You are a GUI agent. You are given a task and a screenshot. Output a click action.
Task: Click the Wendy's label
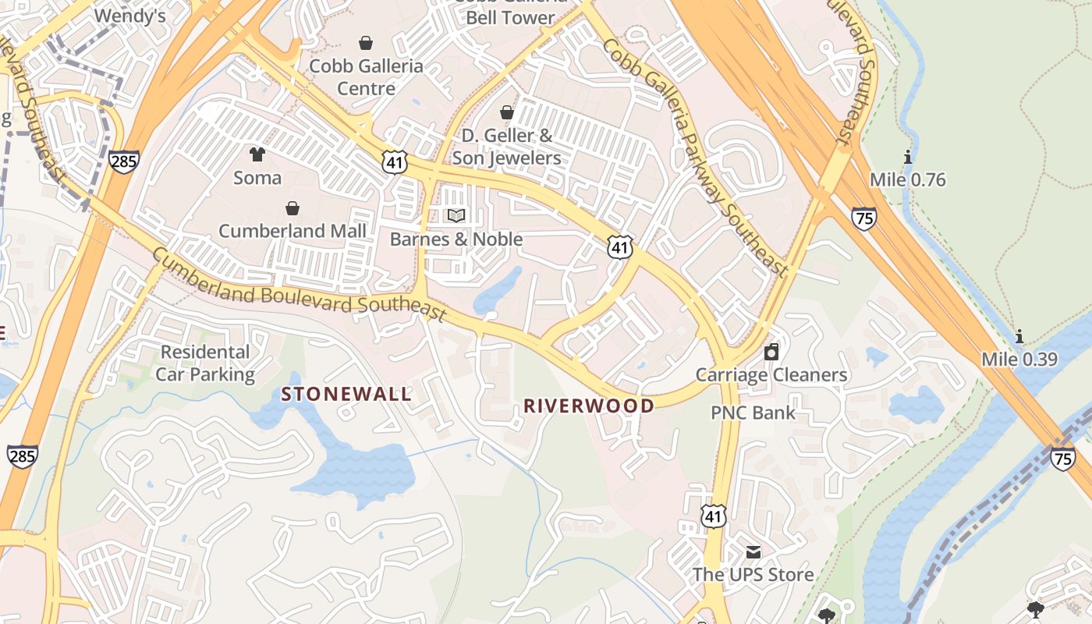(129, 16)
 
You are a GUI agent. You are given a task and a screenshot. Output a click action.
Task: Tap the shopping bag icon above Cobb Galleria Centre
(365, 43)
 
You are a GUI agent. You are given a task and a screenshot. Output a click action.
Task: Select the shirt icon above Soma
(257, 154)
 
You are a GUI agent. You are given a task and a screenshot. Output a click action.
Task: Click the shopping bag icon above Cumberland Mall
(292, 208)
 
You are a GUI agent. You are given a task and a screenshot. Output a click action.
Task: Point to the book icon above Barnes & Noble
(456, 215)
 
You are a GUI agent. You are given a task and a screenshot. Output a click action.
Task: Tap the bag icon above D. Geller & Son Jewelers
(507, 113)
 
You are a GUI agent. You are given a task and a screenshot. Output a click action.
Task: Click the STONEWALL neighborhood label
(346, 394)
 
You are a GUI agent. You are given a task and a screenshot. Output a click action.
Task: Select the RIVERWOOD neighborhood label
(589, 406)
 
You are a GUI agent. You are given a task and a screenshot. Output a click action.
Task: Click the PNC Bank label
(753, 413)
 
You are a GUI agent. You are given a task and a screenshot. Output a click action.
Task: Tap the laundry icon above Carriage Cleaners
(771, 352)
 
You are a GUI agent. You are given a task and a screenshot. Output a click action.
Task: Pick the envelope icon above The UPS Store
(753, 552)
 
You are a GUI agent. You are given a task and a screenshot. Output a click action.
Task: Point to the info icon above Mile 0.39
(1019, 337)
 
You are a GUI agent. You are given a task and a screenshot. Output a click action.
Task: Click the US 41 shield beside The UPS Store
(714, 516)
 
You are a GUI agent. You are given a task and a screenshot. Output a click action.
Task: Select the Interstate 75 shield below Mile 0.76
(863, 219)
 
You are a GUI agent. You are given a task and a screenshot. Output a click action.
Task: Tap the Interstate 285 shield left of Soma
(125, 162)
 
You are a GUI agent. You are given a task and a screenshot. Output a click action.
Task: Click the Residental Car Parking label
(205, 363)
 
